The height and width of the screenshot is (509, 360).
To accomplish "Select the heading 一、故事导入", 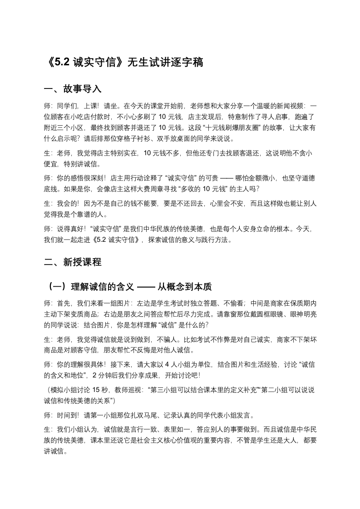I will click(x=72, y=88).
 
